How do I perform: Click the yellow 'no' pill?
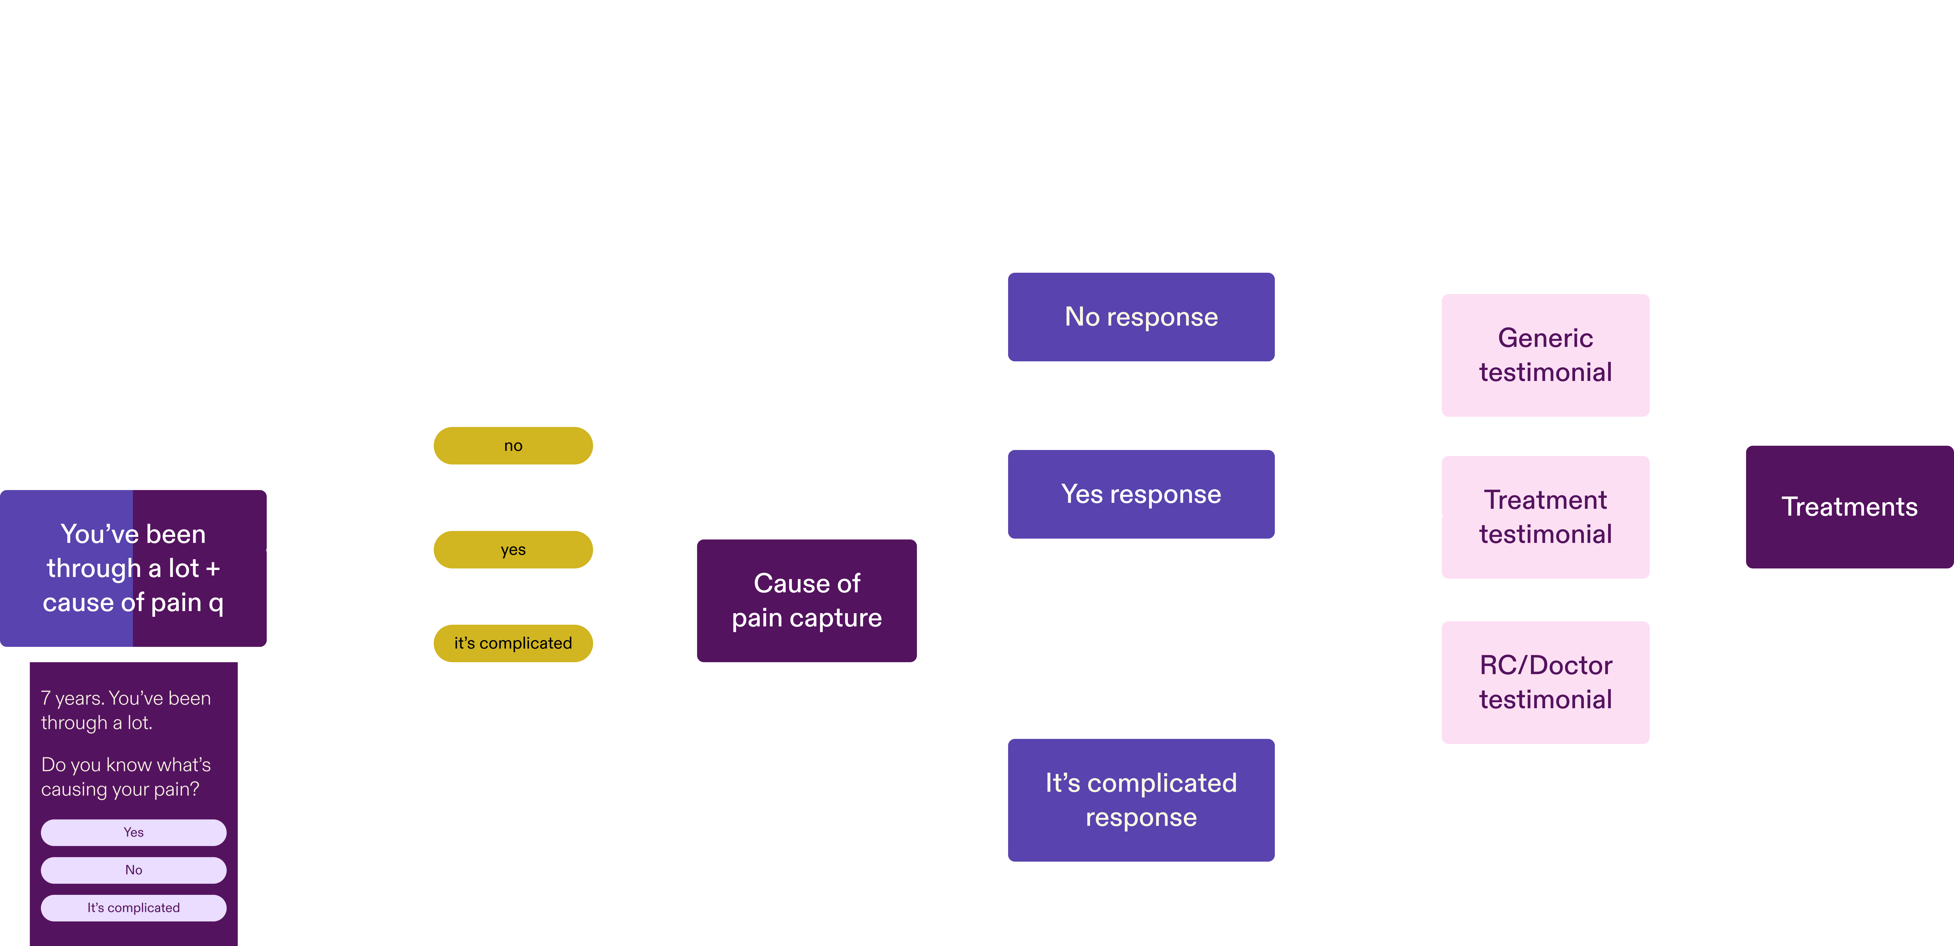point(513,445)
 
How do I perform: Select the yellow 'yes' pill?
point(513,549)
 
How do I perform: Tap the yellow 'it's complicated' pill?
point(513,643)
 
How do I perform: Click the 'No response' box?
point(1141,316)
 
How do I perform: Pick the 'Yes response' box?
point(1141,494)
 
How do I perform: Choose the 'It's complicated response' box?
point(1141,800)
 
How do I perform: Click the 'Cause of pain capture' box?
point(806,600)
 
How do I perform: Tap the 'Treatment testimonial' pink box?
point(1545,517)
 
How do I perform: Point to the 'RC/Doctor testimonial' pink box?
point(1545,682)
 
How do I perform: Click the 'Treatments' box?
point(1849,507)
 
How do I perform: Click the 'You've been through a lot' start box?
point(133,568)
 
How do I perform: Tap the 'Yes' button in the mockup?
point(134,832)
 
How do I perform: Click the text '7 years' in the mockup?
point(72,698)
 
